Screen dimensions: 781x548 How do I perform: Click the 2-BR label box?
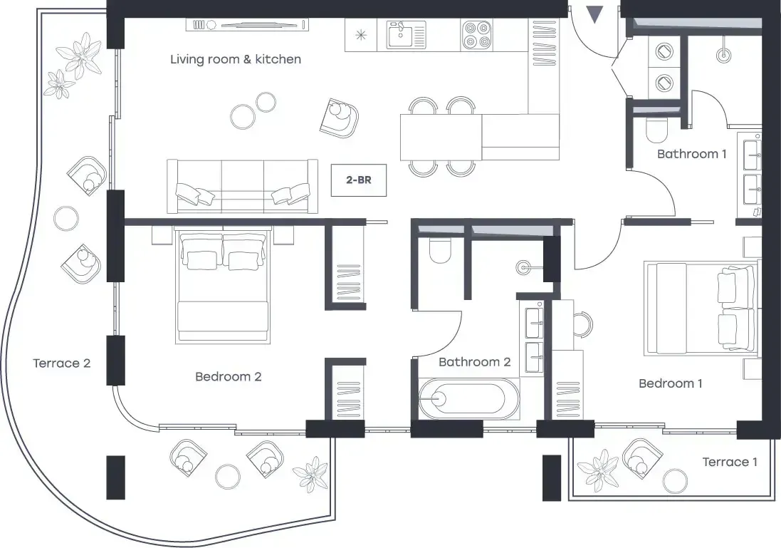359,180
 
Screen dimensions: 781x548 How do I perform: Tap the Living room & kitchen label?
236,59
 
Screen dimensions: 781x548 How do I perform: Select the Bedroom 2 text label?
228,376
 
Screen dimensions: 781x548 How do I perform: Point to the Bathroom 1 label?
691,154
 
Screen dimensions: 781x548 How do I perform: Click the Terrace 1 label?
730,462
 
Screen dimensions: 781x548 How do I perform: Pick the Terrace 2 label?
62,363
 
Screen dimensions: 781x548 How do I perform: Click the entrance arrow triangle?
594,14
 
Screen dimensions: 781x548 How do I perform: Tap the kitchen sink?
407,35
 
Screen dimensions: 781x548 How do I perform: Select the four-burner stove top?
477,35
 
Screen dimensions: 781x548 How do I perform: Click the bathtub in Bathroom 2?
462,398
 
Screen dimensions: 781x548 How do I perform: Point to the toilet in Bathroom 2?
440,250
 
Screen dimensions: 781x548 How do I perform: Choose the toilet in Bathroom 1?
656,130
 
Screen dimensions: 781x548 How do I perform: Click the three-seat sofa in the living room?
243,186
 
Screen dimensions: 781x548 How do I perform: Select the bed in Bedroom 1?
702,308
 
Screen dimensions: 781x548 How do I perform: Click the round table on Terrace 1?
676,480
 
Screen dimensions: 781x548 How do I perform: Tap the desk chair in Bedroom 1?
583,324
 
